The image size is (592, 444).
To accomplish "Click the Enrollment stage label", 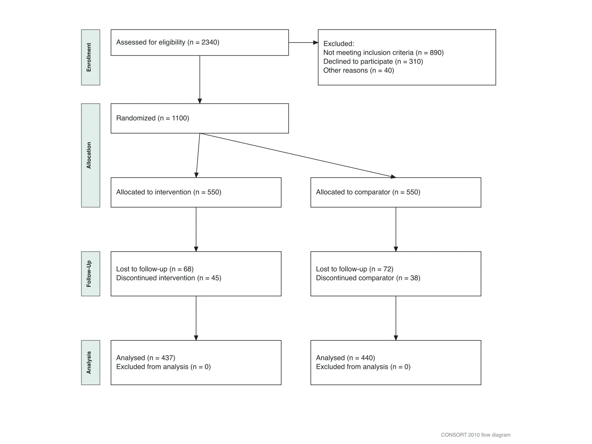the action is [x=89, y=57].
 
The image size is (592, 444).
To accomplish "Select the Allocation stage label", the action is [x=89, y=155].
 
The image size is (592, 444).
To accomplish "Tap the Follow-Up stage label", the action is [x=89, y=274].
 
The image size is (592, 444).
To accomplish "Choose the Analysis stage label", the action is [x=89, y=362].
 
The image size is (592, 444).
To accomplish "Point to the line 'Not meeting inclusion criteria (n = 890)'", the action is [x=383, y=53].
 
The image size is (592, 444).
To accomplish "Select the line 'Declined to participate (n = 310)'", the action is [x=373, y=61].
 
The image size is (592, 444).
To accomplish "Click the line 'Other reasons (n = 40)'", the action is [x=359, y=70].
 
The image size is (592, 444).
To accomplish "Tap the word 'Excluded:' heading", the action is [x=339, y=44].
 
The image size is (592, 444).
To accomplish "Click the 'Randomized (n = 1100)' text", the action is [x=153, y=118].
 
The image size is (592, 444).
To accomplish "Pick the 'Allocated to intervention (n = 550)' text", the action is [x=169, y=192].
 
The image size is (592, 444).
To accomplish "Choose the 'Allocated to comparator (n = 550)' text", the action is [x=368, y=192].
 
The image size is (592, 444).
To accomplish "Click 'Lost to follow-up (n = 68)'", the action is [x=155, y=269].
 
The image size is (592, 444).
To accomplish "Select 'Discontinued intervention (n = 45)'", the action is [x=169, y=278].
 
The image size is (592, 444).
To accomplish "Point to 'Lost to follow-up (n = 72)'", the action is [x=354, y=269].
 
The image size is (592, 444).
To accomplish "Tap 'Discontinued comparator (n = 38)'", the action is [x=368, y=278].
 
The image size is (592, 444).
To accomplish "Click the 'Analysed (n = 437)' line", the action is [x=146, y=358].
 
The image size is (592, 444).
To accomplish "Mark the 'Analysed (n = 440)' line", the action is [x=345, y=358].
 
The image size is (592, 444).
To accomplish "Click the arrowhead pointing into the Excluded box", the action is [x=316, y=42].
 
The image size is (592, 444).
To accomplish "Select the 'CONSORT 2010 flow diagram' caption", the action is [x=475, y=435].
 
